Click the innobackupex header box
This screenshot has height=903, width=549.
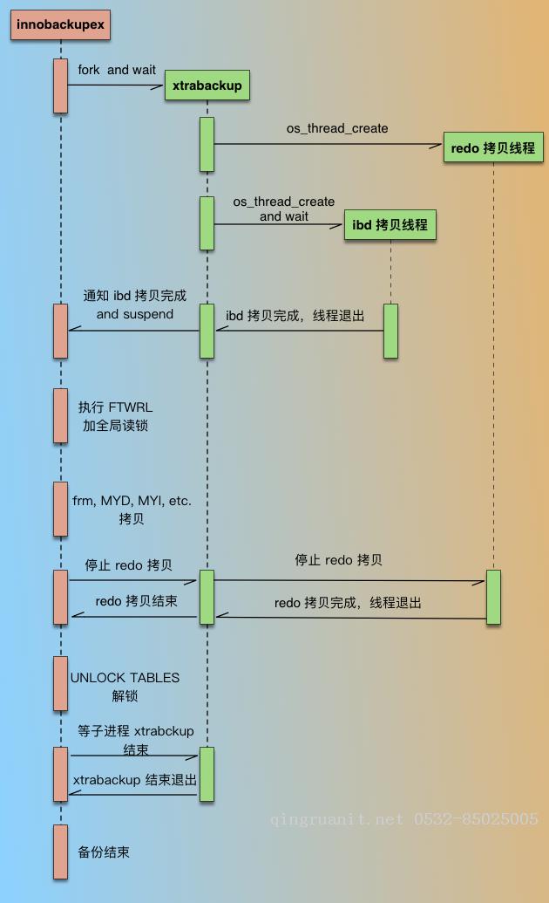tap(61, 24)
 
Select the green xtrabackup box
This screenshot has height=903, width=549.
tap(207, 86)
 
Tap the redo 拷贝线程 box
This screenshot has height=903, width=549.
tap(493, 147)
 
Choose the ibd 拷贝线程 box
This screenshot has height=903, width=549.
tap(390, 225)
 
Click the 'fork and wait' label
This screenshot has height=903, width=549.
tap(117, 70)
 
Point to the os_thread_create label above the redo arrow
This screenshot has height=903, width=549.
tap(337, 128)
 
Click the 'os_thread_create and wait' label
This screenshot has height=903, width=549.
tap(283, 209)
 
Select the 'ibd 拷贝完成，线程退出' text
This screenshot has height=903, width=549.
tap(295, 316)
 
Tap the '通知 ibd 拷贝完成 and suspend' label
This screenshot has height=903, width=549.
tap(134, 304)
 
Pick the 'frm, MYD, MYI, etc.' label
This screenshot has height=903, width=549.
tap(132, 501)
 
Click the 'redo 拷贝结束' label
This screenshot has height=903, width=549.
tap(136, 601)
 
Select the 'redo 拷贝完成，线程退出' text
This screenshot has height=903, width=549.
tap(348, 603)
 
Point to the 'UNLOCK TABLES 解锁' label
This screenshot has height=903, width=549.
tap(125, 687)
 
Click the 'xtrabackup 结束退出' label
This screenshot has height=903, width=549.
tap(135, 780)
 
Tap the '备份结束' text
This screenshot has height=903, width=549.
tap(104, 852)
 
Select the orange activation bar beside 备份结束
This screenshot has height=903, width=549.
tap(60, 852)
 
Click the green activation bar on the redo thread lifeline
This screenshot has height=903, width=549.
tap(493, 597)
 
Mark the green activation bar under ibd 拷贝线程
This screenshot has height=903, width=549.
tap(390, 331)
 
